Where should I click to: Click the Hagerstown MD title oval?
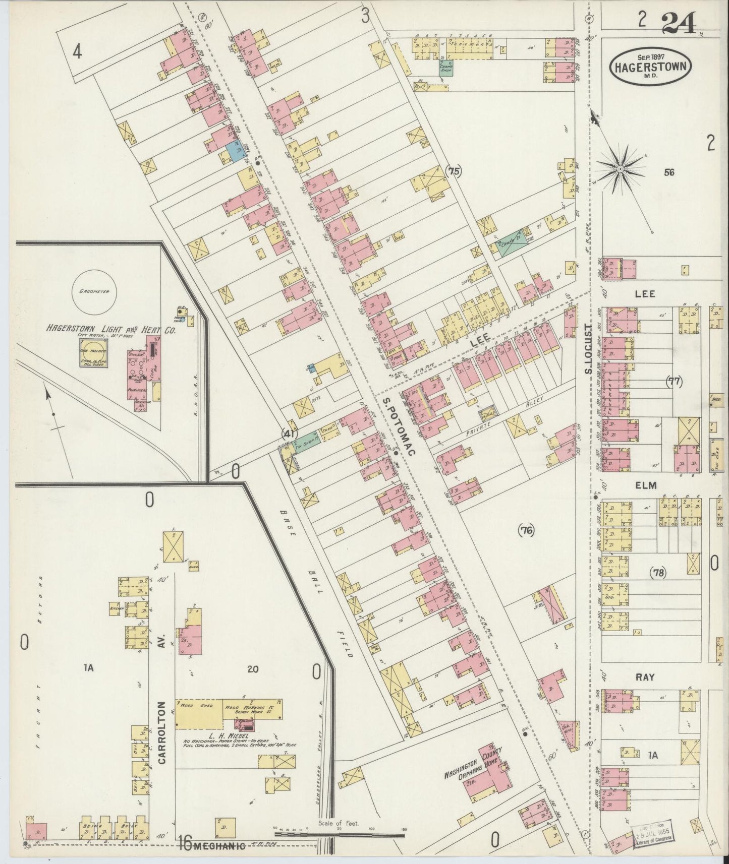(650, 67)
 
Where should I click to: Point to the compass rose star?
(620, 168)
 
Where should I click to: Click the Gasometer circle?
(94, 292)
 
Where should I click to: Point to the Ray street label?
(644, 677)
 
